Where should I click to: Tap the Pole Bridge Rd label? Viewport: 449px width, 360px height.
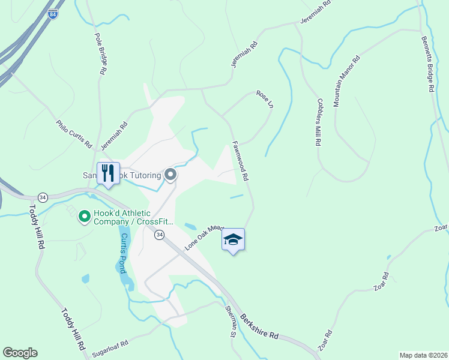(100, 52)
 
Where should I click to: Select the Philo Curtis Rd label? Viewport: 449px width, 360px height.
(74, 134)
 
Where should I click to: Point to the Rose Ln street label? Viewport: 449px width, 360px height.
(265, 98)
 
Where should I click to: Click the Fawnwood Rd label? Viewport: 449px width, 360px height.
(240, 161)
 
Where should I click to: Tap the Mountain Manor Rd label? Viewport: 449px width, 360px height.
(346, 81)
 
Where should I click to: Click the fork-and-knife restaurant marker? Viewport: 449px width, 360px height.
(108, 173)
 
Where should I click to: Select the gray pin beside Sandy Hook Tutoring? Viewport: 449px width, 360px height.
(170, 175)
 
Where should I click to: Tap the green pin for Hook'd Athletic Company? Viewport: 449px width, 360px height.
(85, 216)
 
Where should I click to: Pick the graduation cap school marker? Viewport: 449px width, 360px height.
(233, 240)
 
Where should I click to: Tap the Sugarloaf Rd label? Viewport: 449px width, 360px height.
(110, 349)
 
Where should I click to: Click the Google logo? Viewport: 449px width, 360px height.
(20, 353)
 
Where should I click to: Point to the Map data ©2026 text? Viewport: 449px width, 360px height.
(424, 355)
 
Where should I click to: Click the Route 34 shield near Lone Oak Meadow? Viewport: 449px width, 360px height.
(159, 233)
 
